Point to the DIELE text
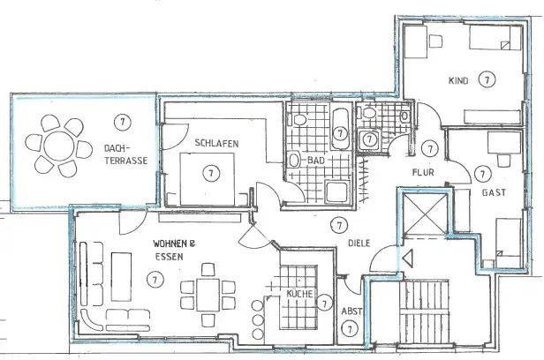[x=359, y=244]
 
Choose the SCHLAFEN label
[x=217, y=143]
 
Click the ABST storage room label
[x=351, y=311]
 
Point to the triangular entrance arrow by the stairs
[x=406, y=260]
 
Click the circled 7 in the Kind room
[x=486, y=79]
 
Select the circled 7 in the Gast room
[x=482, y=173]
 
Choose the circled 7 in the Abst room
[x=351, y=329]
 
